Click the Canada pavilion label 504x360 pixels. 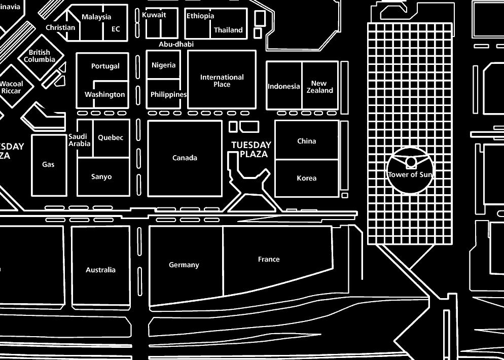tap(185, 158)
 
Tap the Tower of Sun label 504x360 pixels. tap(410, 175)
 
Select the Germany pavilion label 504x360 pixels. tap(184, 265)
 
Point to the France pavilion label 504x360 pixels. tap(269, 260)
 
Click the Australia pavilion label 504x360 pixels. tap(100, 270)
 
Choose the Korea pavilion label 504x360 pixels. tap(307, 178)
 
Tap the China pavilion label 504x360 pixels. tap(307, 141)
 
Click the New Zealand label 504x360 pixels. tap(319, 87)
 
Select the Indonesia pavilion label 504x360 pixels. tap(284, 87)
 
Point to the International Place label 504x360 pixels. tap(222, 81)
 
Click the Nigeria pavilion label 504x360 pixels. tap(164, 65)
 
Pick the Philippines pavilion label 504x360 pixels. tap(168, 95)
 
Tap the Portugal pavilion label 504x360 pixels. tap(105, 66)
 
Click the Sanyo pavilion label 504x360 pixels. tap(101, 177)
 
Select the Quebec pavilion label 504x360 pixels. tap(111, 138)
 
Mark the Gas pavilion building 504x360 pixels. tap(49, 165)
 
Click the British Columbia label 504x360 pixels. tap(40, 56)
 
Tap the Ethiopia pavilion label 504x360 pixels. tap(200, 16)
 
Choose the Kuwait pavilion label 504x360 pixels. tap(154, 15)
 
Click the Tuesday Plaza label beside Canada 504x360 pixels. tap(251, 150)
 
